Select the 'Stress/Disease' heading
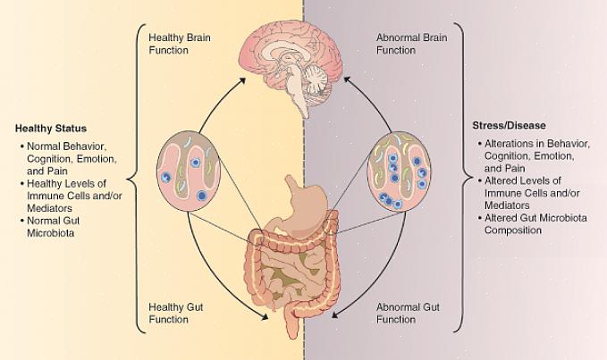[x=509, y=125]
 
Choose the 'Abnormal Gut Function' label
[x=407, y=313]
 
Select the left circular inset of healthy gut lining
[x=187, y=172]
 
